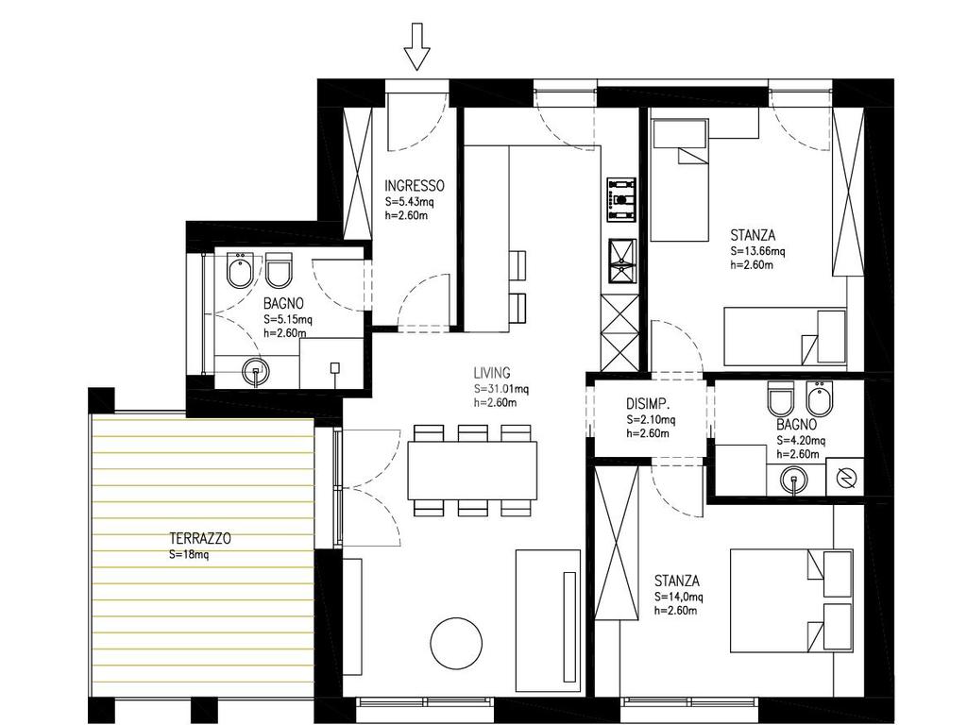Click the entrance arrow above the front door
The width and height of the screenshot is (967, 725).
pyautogui.click(x=416, y=47)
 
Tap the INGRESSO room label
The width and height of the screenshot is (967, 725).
pyautogui.click(x=414, y=186)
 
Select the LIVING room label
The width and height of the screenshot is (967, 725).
pyautogui.click(x=491, y=373)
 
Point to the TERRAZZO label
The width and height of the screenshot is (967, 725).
pyautogui.click(x=200, y=539)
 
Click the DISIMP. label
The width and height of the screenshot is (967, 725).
pyautogui.click(x=648, y=404)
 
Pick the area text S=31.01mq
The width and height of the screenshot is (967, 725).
pyautogui.click(x=500, y=389)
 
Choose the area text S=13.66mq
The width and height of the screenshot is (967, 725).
pyautogui.click(x=757, y=251)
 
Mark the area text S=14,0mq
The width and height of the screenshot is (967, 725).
pyautogui.click(x=678, y=597)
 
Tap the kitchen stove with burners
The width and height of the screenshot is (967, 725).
pyautogui.click(x=621, y=200)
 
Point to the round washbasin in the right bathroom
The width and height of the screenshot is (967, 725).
pyautogui.click(x=792, y=479)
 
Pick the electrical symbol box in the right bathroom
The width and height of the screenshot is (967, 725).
pyautogui.click(x=844, y=477)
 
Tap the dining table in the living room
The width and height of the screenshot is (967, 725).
pyautogui.click(x=472, y=470)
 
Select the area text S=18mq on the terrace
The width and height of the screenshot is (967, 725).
pyautogui.click(x=189, y=555)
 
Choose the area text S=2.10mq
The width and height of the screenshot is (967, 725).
pyautogui.click(x=651, y=420)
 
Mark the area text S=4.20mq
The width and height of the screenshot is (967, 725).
pyautogui.click(x=801, y=440)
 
